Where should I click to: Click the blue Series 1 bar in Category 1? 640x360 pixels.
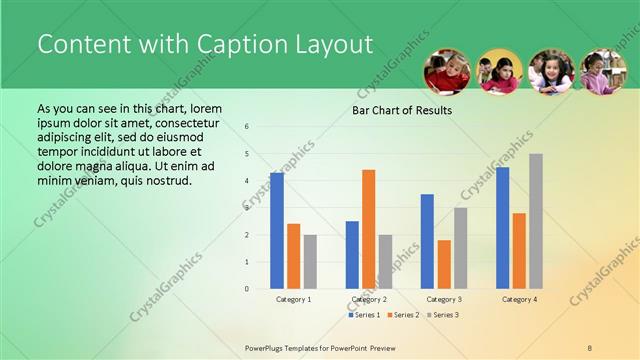point(277,231)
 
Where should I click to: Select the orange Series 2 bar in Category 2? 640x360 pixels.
point(369,229)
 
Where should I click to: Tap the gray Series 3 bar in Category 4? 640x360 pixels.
point(536,221)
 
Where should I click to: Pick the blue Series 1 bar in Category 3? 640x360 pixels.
point(427,241)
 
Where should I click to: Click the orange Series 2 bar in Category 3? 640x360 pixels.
point(444,264)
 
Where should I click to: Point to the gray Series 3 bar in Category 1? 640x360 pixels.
point(310,262)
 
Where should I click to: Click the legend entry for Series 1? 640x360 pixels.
point(366,315)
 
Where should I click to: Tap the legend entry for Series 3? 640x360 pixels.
point(444,315)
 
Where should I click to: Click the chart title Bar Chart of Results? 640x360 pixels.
point(402,110)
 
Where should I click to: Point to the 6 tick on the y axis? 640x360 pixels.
point(246,127)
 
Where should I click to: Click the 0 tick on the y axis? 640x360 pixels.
point(246,289)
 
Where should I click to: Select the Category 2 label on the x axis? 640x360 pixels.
point(369,299)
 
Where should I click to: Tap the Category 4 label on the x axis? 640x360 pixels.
point(519,299)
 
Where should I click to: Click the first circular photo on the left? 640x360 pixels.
point(447,72)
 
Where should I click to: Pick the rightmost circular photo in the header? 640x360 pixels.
point(603,72)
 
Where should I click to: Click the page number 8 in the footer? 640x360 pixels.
point(589,347)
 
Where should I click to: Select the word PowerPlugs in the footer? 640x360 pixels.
point(266,347)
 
